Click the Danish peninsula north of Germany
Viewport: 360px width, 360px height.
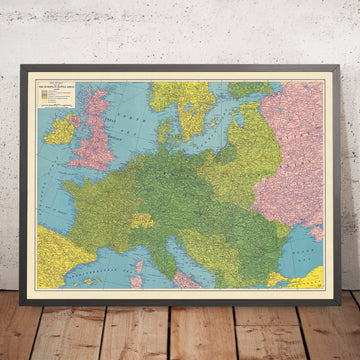168,130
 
